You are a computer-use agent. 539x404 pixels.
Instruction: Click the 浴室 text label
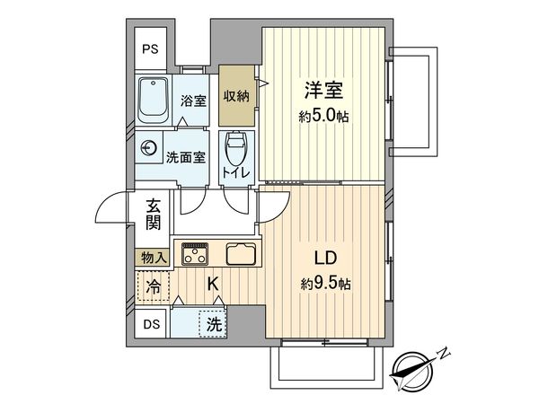pyautogui.click(x=193, y=101)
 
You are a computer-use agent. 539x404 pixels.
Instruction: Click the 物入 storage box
pyautogui.click(x=155, y=258)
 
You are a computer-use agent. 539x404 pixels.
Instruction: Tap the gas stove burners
pyautogui.click(x=196, y=254)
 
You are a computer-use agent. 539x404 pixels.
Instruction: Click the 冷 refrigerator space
pyautogui.click(x=154, y=289)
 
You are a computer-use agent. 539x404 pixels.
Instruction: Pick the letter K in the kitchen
pyautogui.click(x=213, y=285)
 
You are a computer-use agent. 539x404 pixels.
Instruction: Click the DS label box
pyautogui.click(x=152, y=324)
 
